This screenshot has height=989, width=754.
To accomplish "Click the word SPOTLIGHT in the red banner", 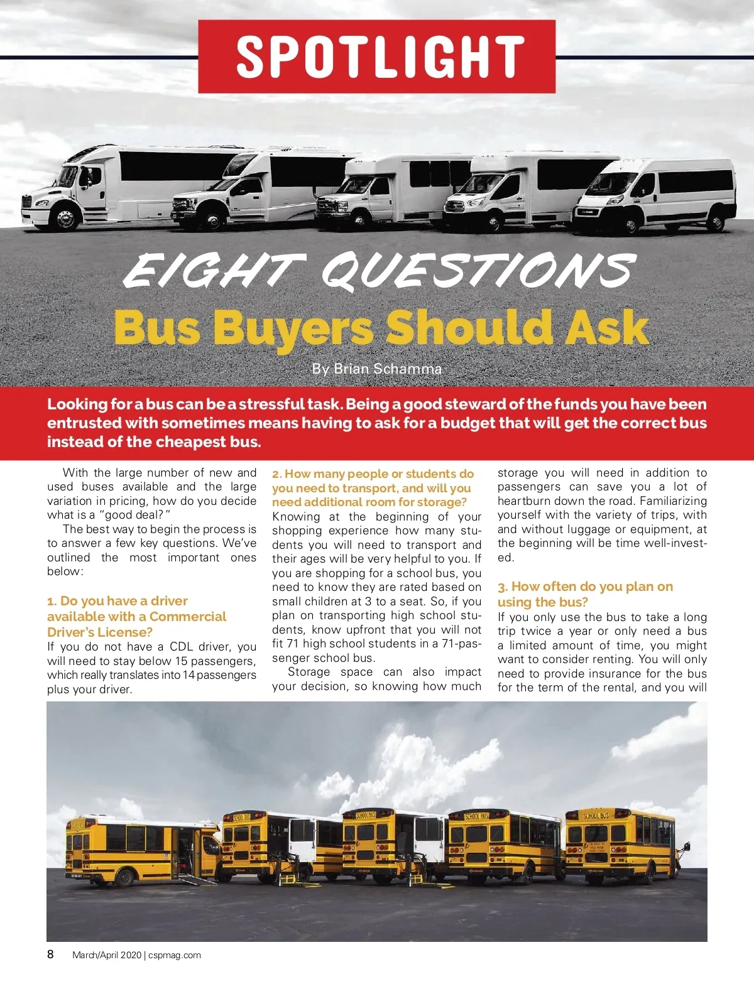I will (379, 57).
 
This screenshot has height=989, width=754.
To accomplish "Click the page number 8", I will (51, 954).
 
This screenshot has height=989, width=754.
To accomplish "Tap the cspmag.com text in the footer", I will (175, 955).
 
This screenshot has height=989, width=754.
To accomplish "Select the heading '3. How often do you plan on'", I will (585, 586).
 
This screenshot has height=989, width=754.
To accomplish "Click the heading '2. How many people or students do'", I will (373, 473).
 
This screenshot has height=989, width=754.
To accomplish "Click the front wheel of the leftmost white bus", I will (65, 219).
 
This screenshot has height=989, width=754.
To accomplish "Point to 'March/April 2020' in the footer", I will (107, 955).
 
